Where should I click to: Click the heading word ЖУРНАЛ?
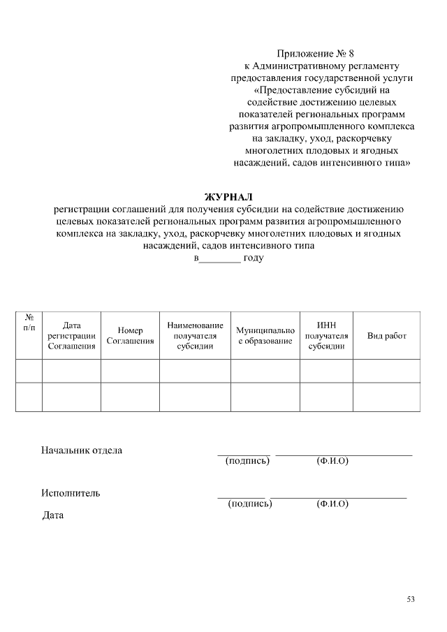[228, 197]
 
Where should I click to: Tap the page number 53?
[411, 599]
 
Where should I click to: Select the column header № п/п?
[29, 322]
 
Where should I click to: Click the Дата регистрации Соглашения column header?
[71, 335]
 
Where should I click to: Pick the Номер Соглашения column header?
[130, 335]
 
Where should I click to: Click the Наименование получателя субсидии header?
[195, 335]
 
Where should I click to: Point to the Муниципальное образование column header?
[265, 335]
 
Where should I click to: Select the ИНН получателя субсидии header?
[326, 335]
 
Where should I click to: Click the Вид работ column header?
[386, 336]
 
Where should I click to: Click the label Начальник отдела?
[82, 450]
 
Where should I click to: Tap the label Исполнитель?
[71, 493]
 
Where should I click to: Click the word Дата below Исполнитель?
[53, 515]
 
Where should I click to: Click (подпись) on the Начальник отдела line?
[247, 461]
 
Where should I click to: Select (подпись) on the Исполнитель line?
[250, 504]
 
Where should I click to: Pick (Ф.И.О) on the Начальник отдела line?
[332, 461]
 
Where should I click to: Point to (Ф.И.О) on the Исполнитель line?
[332, 504]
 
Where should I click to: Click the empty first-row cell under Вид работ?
[386, 371]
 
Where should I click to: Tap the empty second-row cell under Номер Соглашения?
[130, 397]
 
